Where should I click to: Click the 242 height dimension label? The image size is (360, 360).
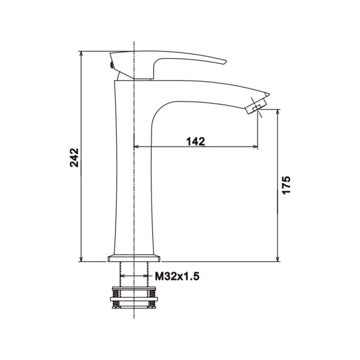click(x=75, y=158)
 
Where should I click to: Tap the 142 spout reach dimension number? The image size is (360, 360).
click(x=195, y=141)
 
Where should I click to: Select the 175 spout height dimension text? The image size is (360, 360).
click(x=286, y=185)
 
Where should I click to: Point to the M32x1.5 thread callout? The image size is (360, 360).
click(x=177, y=276)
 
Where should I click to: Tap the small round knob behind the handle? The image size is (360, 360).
click(x=112, y=66)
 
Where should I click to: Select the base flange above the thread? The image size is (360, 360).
click(x=134, y=258)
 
